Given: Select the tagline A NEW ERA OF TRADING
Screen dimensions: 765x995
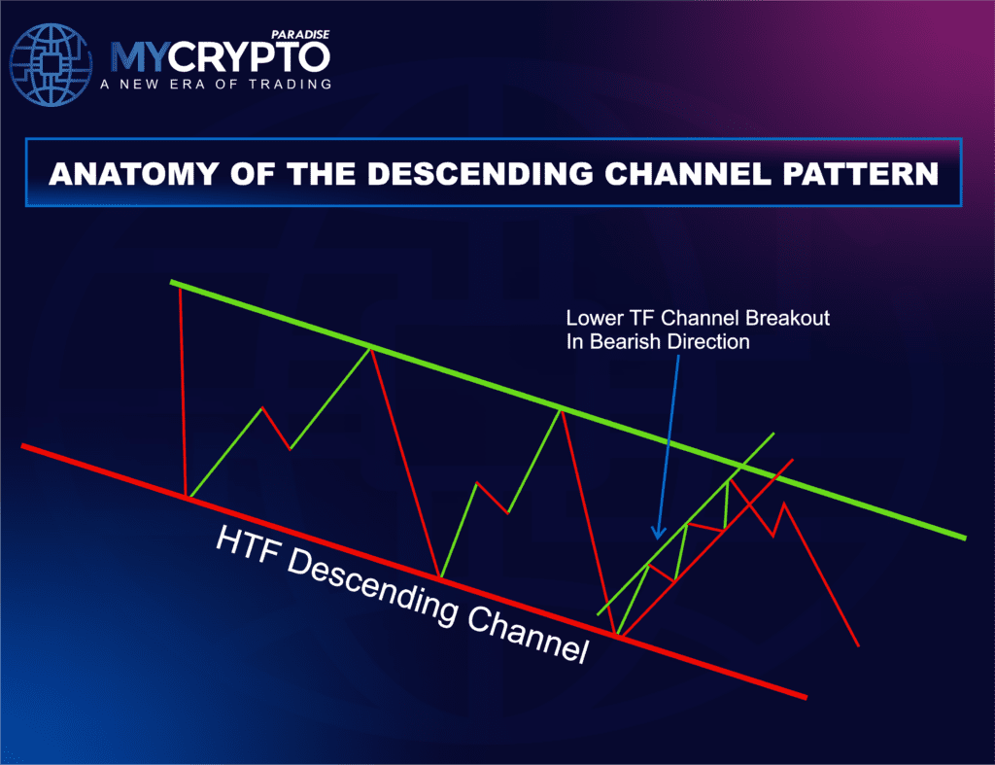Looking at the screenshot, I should (x=215, y=84).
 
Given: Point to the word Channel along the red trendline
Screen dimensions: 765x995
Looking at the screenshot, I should (x=527, y=631).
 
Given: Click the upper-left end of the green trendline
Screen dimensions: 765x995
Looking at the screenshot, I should (x=173, y=283).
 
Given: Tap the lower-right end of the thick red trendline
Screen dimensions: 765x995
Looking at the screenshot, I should (x=805, y=696).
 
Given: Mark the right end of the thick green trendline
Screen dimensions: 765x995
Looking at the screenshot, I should (x=964, y=537).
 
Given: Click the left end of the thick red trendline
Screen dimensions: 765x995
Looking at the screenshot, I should (x=23, y=446).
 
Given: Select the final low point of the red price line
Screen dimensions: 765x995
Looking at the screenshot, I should (x=859, y=645).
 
